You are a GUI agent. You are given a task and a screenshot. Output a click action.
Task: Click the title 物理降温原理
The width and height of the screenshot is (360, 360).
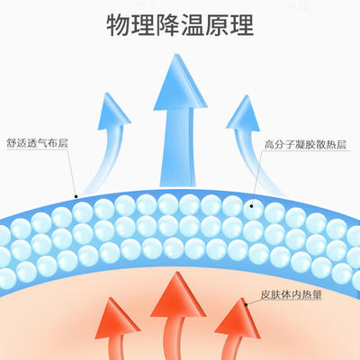pyautogui.click(x=180, y=25)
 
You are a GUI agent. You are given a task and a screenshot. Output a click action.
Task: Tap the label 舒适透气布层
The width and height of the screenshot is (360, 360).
pyautogui.click(x=37, y=143)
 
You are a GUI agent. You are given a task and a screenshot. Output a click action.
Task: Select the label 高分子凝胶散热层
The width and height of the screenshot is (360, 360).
pyautogui.click(x=305, y=145)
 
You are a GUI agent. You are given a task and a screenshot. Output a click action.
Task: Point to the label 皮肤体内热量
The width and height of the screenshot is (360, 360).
pyautogui.click(x=291, y=294)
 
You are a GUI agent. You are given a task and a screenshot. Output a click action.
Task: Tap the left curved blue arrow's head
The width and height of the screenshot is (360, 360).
pyautogui.click(x=113, y=112)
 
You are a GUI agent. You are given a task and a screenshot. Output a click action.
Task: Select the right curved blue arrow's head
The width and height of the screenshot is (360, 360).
pyautogui.click(x=244, y=113)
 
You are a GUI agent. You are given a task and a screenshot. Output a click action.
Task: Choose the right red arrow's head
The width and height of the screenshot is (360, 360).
pyautogui.click(x=238, y=319)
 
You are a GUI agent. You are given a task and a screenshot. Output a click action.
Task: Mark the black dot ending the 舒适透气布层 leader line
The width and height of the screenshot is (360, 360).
pyautogui.click(x=76, y=197)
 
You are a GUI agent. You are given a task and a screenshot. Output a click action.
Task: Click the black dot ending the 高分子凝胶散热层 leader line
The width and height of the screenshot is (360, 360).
pyautogui.click(x=251, y=206)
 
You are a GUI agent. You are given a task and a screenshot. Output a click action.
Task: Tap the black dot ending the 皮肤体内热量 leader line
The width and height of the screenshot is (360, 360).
pyautogui.click(x=246, y=304)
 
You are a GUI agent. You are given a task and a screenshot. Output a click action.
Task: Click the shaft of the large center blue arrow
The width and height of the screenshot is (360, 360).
pyautogui.click(x=178, y=148)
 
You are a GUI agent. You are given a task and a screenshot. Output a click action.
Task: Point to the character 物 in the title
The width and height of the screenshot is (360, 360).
pyautogui.click(x=119, y=25)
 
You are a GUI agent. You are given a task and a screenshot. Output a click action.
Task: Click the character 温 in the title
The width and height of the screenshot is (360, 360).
pyautogui.click(x=193, y=25)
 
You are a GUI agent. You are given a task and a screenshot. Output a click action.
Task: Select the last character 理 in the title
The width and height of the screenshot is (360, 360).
pyautogui.click(x=242, y=25)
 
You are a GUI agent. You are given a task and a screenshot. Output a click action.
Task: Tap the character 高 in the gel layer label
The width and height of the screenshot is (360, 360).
pyautogui.click(x=269, y=145)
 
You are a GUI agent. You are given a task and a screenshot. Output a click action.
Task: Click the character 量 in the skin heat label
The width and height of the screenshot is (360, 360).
pyautogui.click(x=317, y=294)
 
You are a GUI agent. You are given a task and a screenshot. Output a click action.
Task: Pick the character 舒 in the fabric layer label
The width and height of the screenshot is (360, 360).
pyautogui.click(x=12, y=143)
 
